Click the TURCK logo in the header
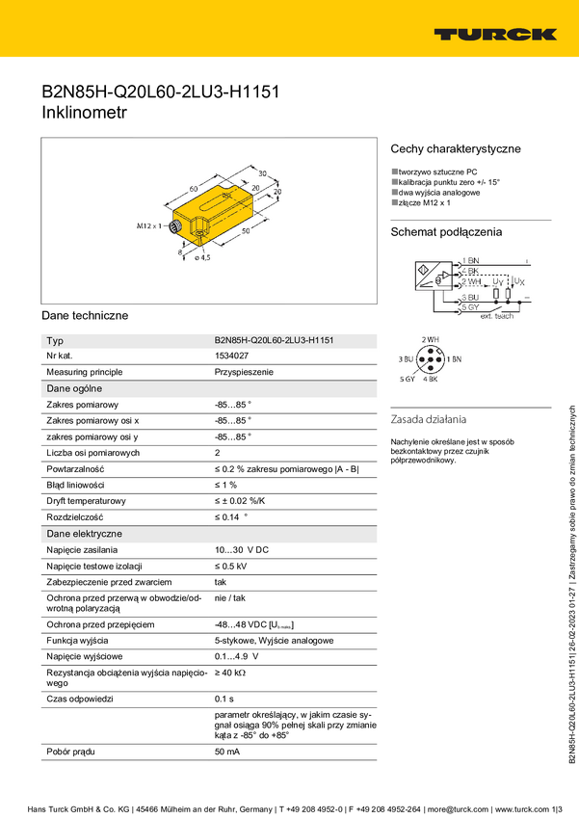[494, 34]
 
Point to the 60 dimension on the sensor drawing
[194, 188]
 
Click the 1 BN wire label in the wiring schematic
[471, 261]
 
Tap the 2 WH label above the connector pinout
[431, 340]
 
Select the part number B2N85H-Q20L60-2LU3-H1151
[275, 341]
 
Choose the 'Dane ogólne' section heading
[74, 388]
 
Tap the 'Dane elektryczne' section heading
[84, 533]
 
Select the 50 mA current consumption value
[227, 751]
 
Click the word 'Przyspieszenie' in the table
[244, 372]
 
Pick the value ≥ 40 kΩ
[230, 672]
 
